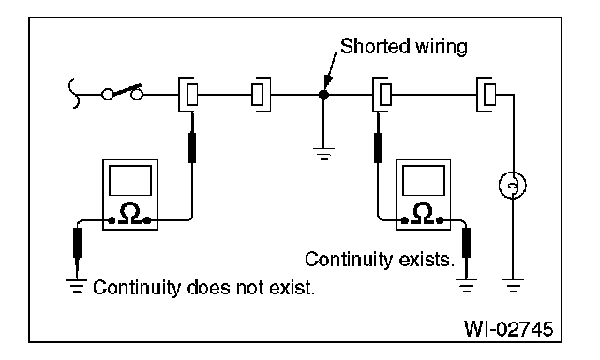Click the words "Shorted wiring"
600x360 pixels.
click(404, 47)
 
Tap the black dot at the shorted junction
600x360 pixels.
click(323, 95)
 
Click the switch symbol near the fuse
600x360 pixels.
click(122, 92)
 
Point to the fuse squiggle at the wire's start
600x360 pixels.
click(74, 94)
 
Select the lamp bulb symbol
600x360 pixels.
click(513, 186)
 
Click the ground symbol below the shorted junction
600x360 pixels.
click(323, 154)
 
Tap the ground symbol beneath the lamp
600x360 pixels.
click(513, 285)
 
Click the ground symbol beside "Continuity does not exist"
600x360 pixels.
click(77, 286)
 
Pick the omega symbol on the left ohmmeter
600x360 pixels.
click(130, 214)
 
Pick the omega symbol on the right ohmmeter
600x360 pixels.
click(423, 214)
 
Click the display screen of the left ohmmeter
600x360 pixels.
click(130, 181)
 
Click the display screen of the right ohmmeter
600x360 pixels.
click(423, 181)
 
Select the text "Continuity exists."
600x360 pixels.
click(380, 260)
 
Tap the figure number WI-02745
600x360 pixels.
click(508, 328)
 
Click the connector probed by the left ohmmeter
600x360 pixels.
click(188, 94)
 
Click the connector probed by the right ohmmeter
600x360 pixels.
click(382, 94)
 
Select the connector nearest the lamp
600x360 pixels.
click(487, 94)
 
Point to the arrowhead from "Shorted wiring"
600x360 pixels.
click(327, 82)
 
